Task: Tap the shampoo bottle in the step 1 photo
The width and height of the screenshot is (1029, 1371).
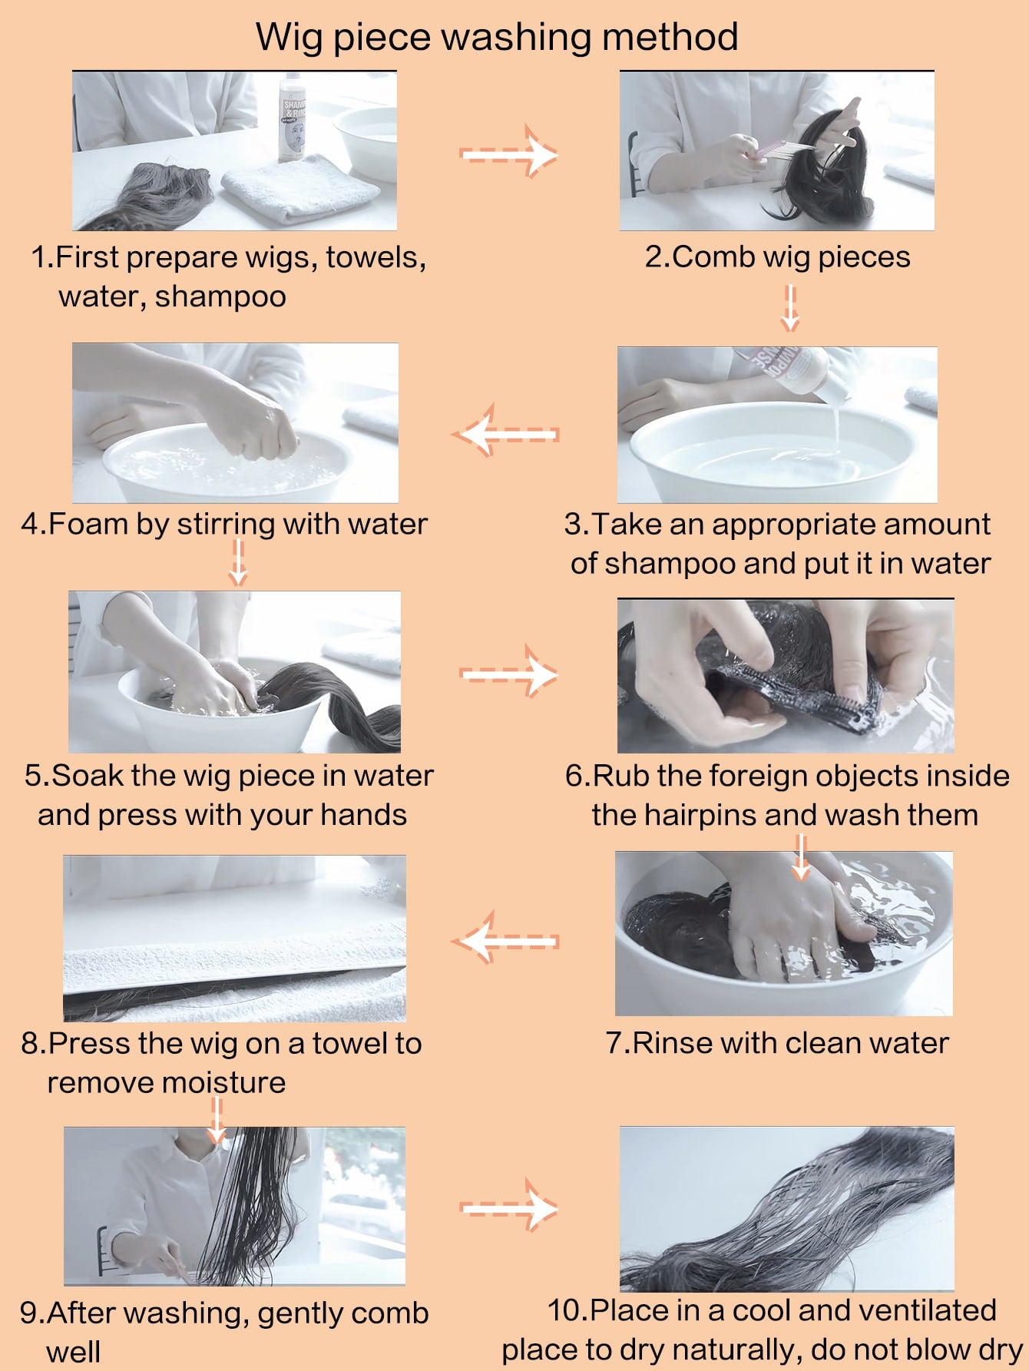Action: (293, 117)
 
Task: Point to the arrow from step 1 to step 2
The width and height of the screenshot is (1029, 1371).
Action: (508, 153)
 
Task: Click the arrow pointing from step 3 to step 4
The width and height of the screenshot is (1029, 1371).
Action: (506, 434)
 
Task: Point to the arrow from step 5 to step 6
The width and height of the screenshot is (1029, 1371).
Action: (508, 674)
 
